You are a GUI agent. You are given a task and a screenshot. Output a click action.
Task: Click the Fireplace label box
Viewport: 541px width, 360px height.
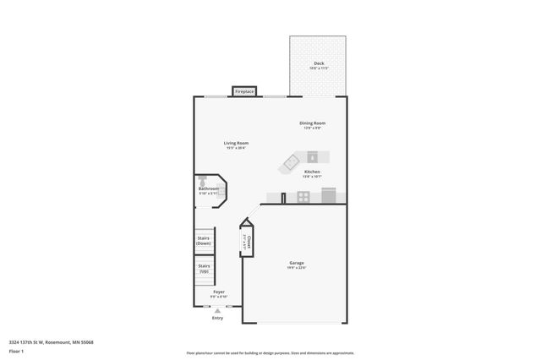coord(244,90)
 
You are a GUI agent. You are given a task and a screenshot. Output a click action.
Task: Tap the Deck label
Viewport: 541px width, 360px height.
coord(319,63)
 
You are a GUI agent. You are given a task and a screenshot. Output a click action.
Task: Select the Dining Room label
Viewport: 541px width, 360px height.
coord(312,123)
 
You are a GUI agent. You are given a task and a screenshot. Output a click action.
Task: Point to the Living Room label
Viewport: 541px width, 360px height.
coord(236,143)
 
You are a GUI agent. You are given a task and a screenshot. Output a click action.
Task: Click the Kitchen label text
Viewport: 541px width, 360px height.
coord(312,172)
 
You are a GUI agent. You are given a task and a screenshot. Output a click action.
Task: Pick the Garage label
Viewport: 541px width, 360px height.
coord(296,263)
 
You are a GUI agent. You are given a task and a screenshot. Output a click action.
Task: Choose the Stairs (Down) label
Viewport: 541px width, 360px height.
coord(204,241)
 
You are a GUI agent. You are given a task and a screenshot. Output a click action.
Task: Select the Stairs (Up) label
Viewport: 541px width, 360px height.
coord(204,269)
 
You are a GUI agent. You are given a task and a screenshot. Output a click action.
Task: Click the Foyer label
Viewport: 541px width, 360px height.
coord(218,292)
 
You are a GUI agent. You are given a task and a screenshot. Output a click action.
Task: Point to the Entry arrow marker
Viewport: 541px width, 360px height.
coord(218,310)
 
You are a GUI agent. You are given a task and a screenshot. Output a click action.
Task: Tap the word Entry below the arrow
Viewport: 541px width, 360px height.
coord(218,318)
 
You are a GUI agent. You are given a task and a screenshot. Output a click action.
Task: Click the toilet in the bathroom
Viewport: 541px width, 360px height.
coord(203,181)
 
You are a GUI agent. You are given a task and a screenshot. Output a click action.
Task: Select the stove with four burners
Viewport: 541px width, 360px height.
coord(302,197)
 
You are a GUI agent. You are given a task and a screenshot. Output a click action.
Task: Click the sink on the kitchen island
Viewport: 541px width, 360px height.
coord(312,155)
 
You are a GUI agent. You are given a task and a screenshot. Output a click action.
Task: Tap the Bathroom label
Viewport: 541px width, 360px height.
coord(209,188)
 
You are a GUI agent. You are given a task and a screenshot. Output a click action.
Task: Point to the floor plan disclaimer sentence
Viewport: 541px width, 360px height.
coord(270,353)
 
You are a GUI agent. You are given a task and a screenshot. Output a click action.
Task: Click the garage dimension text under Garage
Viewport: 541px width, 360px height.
coord(296,268)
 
